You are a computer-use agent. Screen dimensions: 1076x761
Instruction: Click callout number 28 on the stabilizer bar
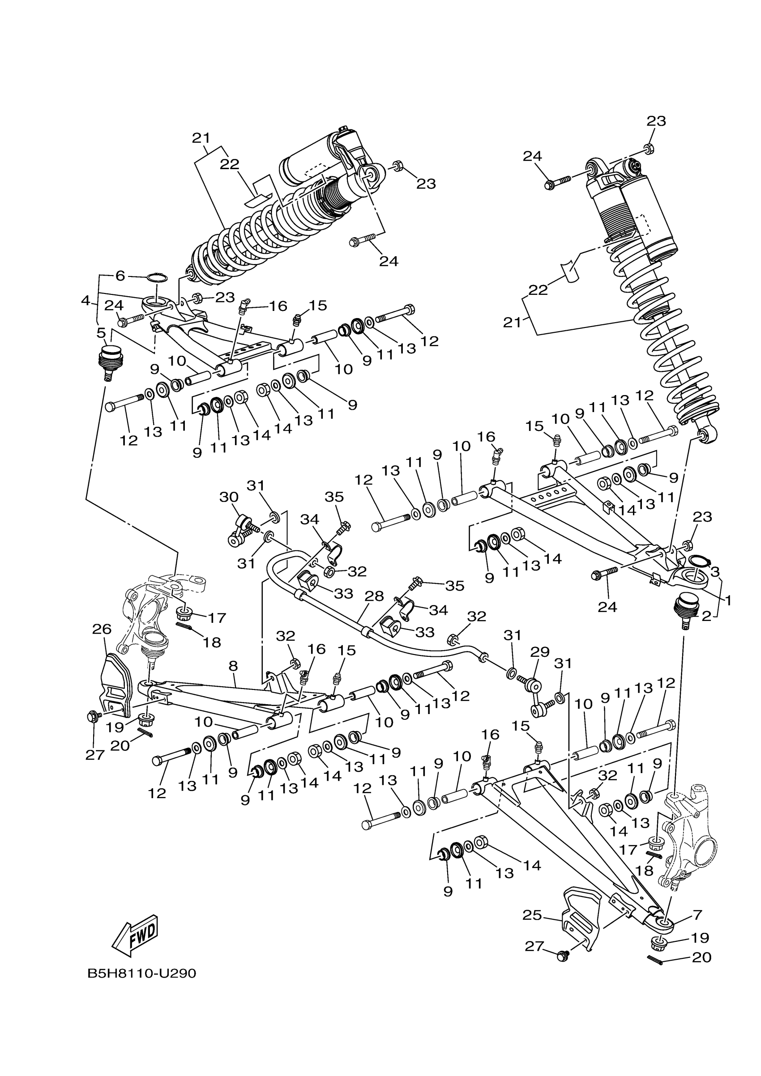coord(374,596)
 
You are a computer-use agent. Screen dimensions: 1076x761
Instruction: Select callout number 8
coord(233,666)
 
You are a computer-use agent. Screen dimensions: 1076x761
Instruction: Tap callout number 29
coord(539,652)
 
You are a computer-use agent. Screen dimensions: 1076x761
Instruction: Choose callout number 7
coord(697,914)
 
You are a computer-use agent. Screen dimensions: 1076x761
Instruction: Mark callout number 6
coord(120,276)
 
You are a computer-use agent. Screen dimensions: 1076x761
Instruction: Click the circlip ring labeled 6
coord(157,278)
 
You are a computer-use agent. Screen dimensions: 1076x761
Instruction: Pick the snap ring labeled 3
coord(698,561)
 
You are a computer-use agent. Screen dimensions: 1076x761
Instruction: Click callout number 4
coord(86,300)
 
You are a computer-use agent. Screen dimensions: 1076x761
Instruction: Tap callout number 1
coord(728,600)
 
